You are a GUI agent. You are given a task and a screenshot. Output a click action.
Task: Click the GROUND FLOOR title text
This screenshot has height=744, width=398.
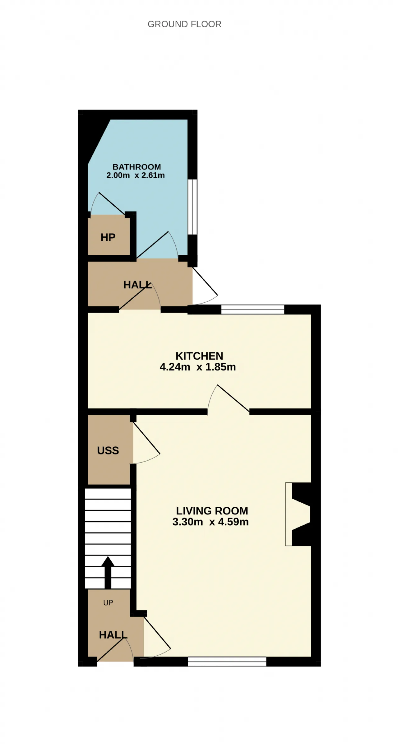(184, 24)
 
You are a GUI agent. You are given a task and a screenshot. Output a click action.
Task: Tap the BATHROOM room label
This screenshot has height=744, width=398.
(137, 167)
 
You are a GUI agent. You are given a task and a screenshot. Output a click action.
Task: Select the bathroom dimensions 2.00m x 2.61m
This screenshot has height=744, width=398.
(136, 175)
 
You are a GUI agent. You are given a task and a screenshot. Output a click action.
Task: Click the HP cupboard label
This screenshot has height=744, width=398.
(108, 237)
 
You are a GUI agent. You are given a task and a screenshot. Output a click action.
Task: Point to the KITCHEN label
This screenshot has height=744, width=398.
(199, 356)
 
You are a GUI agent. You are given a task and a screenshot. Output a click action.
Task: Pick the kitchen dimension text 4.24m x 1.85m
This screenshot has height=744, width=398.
(198, 367)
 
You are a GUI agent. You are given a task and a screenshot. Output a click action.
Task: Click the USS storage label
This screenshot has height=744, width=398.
(108, 450)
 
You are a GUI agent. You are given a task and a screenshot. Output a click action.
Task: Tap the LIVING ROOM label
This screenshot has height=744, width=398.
(212, 511)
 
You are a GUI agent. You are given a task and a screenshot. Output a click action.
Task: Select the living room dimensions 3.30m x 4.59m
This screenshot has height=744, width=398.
(211, 522)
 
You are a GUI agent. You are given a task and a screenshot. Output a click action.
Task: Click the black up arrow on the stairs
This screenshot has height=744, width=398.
(108, 572)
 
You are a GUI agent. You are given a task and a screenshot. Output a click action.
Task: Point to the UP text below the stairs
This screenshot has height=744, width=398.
(108, 602)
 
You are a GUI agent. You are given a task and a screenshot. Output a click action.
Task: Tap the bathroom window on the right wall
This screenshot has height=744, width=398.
(192, 207)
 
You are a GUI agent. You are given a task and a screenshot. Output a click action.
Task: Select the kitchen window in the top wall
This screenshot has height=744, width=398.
(253, 309)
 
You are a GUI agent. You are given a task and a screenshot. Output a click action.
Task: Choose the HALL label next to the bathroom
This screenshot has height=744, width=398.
(137, 285)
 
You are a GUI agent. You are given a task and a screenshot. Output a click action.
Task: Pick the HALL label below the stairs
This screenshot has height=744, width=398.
(113, 635)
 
